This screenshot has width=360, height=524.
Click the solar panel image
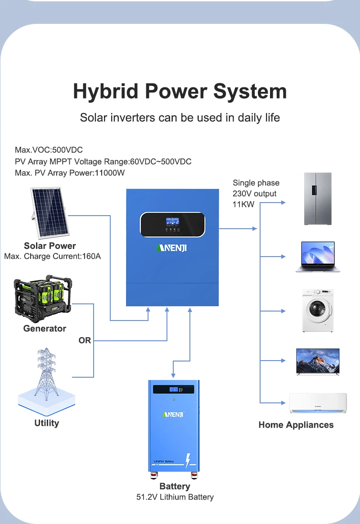(50, 212)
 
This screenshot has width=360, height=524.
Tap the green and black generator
(43, 298)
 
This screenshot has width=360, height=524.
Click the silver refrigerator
(318, 199)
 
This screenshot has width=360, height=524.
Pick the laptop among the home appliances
(318, 257)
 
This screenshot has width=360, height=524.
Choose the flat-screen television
(318, 361)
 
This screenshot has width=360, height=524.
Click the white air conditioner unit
(318, 403)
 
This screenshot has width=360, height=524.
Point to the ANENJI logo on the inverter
(171, 248)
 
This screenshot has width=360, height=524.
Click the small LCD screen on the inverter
(172, 221)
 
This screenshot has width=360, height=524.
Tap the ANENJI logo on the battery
(173, 415)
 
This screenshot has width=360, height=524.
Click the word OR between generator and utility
(85, 340)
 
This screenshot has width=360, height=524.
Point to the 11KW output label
(243, 204)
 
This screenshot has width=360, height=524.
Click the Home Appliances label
(296, 425)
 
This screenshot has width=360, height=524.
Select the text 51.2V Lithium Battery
(175, 497)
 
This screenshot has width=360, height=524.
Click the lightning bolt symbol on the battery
(188, 460)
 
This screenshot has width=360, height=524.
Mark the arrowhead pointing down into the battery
(173, 375)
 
